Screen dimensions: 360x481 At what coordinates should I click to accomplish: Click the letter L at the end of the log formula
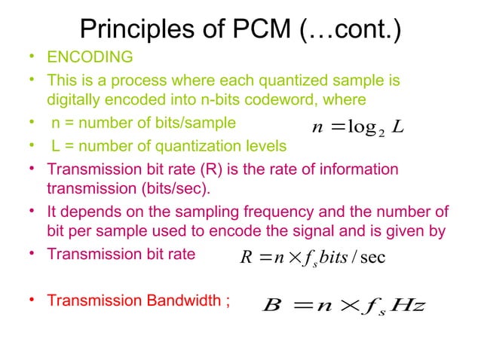[401, 127]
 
